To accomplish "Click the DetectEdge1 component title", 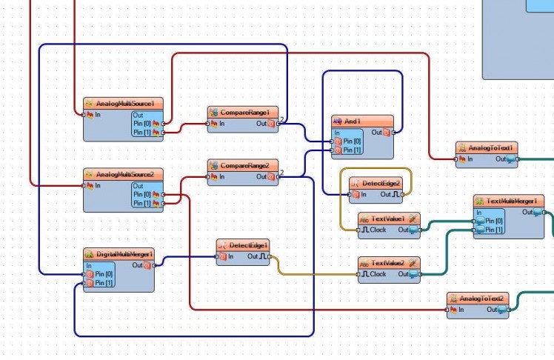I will click(x=248, y=244).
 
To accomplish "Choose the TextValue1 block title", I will click(x=388, y=219).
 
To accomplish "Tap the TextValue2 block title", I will click(x=388, y=262).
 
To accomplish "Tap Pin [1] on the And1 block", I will click(x=338, y=150).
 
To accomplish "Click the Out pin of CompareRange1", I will click(x=271, y=123).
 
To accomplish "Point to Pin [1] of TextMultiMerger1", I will click(x=480, y=230).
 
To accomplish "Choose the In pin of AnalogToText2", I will click(x=453, y=309).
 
